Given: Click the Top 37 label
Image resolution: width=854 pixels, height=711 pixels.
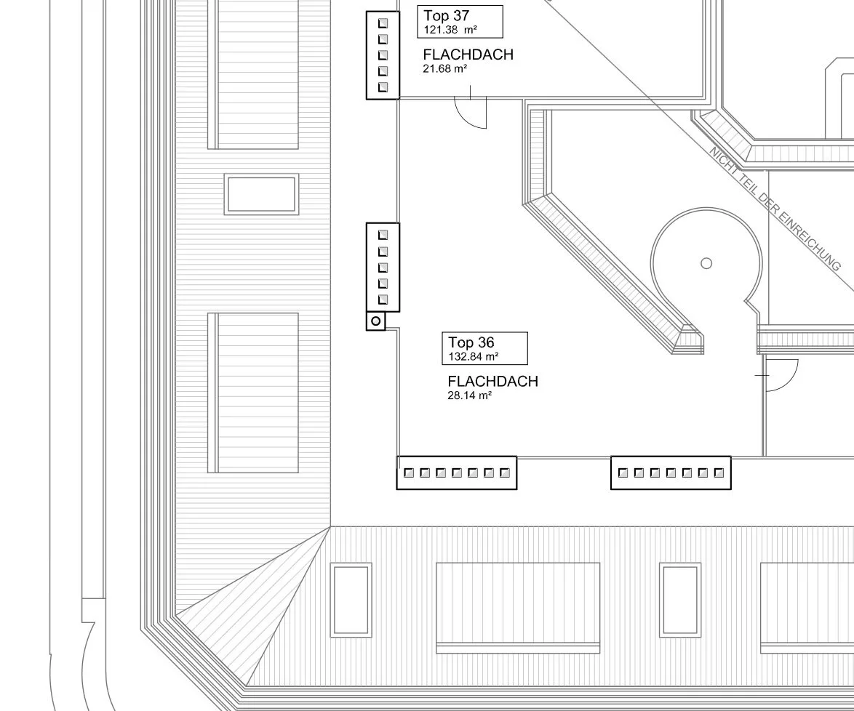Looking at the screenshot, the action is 446,16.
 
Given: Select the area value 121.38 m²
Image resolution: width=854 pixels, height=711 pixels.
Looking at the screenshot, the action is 450,30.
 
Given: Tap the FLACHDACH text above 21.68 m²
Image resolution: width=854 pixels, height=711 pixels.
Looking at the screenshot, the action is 468,55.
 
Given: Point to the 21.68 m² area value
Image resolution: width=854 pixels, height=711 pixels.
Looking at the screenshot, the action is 445,68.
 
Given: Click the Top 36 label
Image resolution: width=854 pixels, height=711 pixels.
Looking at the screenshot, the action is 471,342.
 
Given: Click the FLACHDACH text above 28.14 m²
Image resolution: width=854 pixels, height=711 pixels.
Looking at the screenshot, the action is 493,381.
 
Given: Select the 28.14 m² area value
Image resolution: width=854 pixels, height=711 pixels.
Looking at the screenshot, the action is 469,395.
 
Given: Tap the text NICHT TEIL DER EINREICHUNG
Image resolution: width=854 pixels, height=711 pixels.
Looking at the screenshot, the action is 775,209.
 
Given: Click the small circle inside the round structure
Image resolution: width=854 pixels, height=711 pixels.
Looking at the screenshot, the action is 706,263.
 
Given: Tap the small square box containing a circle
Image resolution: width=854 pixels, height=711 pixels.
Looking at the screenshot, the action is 376,321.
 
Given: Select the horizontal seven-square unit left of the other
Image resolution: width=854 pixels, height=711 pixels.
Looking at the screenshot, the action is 456,473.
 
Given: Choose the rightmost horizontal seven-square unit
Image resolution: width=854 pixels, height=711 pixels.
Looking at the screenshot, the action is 671,473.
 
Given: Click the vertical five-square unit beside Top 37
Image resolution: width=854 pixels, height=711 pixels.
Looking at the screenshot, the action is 383,55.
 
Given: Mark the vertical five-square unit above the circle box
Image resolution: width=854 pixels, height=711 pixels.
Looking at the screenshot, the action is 383,268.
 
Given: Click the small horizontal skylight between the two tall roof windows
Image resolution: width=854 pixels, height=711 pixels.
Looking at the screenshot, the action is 261,194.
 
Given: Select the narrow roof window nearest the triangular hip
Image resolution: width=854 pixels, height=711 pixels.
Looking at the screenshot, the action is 351,600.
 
